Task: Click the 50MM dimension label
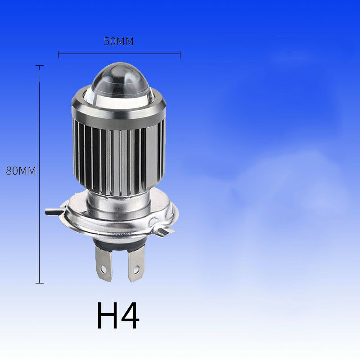[x=119, y=41]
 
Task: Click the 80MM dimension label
[x=21, y=171]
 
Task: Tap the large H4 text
[x=118, y=315]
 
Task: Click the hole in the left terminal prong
[x=103, y=269]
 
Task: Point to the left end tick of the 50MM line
[x=58, y=54]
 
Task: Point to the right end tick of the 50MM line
[x=180, y=54]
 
